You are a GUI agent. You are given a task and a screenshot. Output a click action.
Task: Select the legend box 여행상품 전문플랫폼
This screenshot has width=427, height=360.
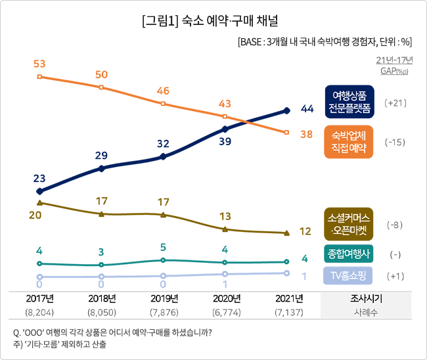(349, 101)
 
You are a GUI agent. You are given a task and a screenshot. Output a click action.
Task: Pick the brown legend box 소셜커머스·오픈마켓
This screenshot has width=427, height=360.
(349, 224)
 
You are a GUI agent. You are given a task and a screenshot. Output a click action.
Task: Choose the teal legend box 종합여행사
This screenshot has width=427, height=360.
(349, 254)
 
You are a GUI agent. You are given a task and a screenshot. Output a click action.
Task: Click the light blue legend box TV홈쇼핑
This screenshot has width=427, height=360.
(349, 275)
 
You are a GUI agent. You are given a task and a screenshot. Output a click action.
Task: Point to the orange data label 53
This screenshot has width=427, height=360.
(39, 64)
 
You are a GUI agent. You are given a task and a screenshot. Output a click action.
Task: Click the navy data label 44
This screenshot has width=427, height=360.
(307, 108)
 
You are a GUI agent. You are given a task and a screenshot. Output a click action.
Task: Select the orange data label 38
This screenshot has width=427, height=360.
(306, 134)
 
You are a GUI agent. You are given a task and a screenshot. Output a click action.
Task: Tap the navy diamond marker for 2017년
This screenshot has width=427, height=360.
(39, 191)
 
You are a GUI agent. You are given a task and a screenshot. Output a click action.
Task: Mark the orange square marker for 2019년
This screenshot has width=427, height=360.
(163, 104)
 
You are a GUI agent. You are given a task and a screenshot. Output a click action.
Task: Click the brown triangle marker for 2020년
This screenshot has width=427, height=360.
(225, 229)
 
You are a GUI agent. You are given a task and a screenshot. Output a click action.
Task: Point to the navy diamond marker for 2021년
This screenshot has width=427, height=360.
(287, 110)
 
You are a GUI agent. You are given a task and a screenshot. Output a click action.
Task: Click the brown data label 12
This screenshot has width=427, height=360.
(305, 231)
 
